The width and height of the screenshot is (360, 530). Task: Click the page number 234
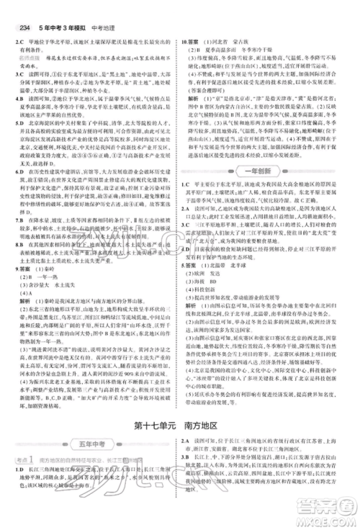click(14, 9)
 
